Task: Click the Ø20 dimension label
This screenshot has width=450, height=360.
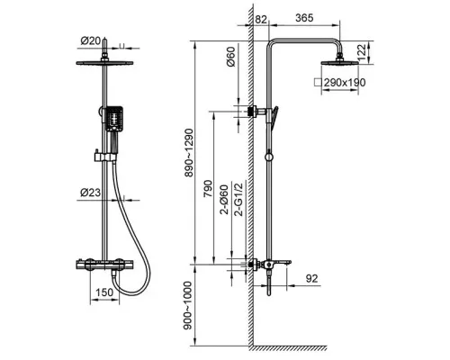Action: click(x=91, y=40)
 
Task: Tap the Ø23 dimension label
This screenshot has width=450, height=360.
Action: click(x=91, y=193)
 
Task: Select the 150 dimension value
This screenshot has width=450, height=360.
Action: click(x=104, y=292)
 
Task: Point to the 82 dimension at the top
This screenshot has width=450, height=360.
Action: click(x=261, y=20)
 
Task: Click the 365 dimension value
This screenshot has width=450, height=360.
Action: click(x=304, y=18)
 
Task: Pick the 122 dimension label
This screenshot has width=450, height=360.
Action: click(x=362, y=52)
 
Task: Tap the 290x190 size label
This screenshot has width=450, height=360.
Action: click(x=345, y=82)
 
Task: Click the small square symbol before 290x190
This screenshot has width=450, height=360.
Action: click(x=318, y=82)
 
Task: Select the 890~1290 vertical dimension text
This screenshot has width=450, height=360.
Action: click(x=190, y=153)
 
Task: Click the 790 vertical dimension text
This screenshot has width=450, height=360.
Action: click(x=208, y=188)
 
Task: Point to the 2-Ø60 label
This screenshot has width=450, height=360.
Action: click(x=225, y=200)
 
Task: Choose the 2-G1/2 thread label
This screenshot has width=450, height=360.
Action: click(x=239, y=199)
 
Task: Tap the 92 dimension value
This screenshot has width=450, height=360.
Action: click(x=311, y=278)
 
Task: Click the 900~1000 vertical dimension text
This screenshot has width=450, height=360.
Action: click(x=188, y=305)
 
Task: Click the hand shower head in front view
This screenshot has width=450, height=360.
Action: click(x=113, y=119)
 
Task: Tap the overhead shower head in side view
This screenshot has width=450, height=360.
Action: click(x=339, y=63)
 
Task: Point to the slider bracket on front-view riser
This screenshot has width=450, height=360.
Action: click(x=104, y=157)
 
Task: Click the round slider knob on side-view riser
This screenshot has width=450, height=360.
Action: click(x=269, y=157)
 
